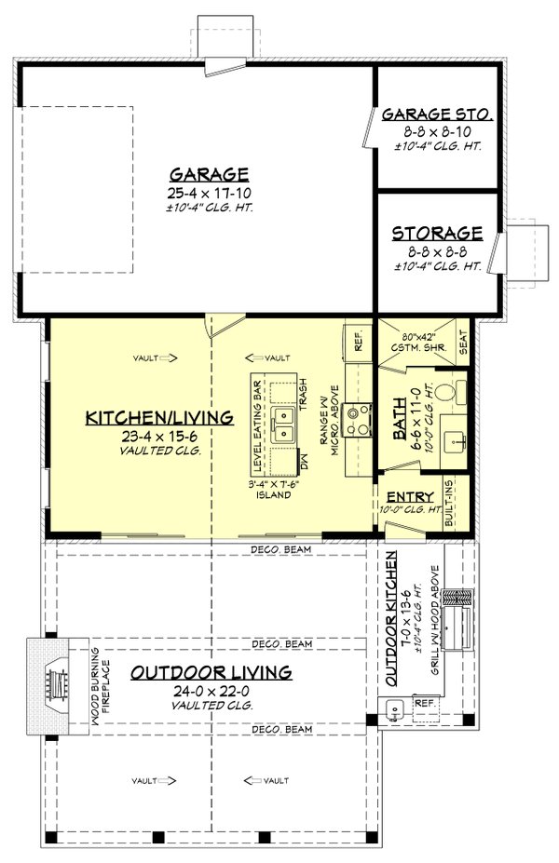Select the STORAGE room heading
coord(436,233)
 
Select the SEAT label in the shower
coord(463,345)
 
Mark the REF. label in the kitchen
coord(355,341)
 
